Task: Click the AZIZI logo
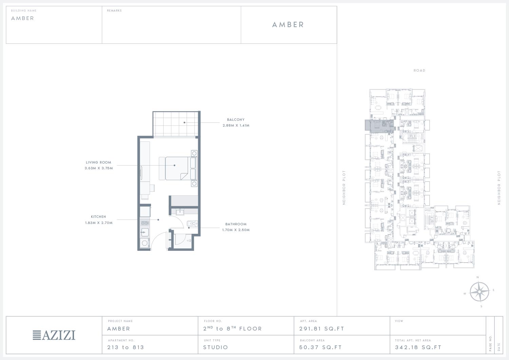coord(54,335)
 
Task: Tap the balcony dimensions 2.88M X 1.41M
coord(236,126)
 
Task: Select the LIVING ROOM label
coord(98,162)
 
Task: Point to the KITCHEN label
coord(98,216)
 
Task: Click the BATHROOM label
coord(236,224)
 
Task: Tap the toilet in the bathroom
coord(192,224)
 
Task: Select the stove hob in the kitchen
coord(145,223)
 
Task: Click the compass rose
coord(479,291)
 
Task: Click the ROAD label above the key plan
coord(419,71)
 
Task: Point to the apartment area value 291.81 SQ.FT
coord(322,329)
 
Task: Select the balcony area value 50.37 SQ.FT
coord(320,347)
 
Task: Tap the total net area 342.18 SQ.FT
coord(418,347)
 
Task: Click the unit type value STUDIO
coord(215,347)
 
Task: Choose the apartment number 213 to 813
coord(126,347)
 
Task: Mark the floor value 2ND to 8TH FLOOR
coord(232,328)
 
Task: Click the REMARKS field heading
coord(114,11)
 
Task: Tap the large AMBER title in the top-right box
coord(288,24)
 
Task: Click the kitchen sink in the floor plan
coord(145,232)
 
